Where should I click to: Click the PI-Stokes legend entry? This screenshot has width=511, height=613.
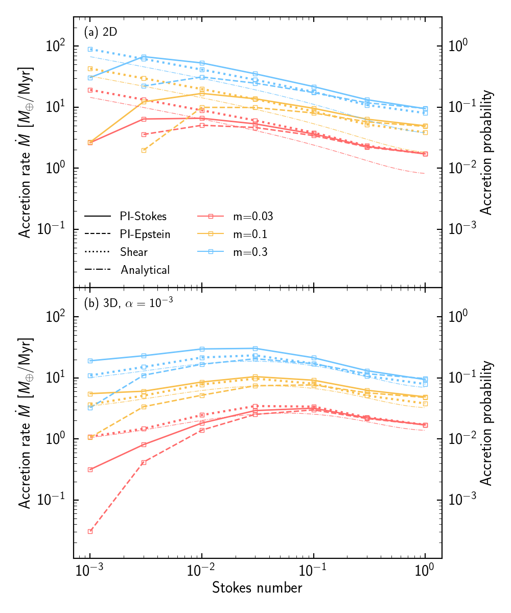[143, 216]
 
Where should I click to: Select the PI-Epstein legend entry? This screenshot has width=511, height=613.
[145, 234]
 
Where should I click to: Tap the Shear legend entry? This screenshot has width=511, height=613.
[134, 252]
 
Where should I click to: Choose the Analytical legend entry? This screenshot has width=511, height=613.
[145, 270]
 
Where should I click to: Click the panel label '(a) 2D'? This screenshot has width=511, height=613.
[101, 32]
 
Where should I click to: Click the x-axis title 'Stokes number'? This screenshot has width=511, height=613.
[257, 587]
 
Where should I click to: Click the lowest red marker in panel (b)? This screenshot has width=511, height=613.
[90, 531]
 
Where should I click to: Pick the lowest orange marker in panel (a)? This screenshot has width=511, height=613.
[144, 150]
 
